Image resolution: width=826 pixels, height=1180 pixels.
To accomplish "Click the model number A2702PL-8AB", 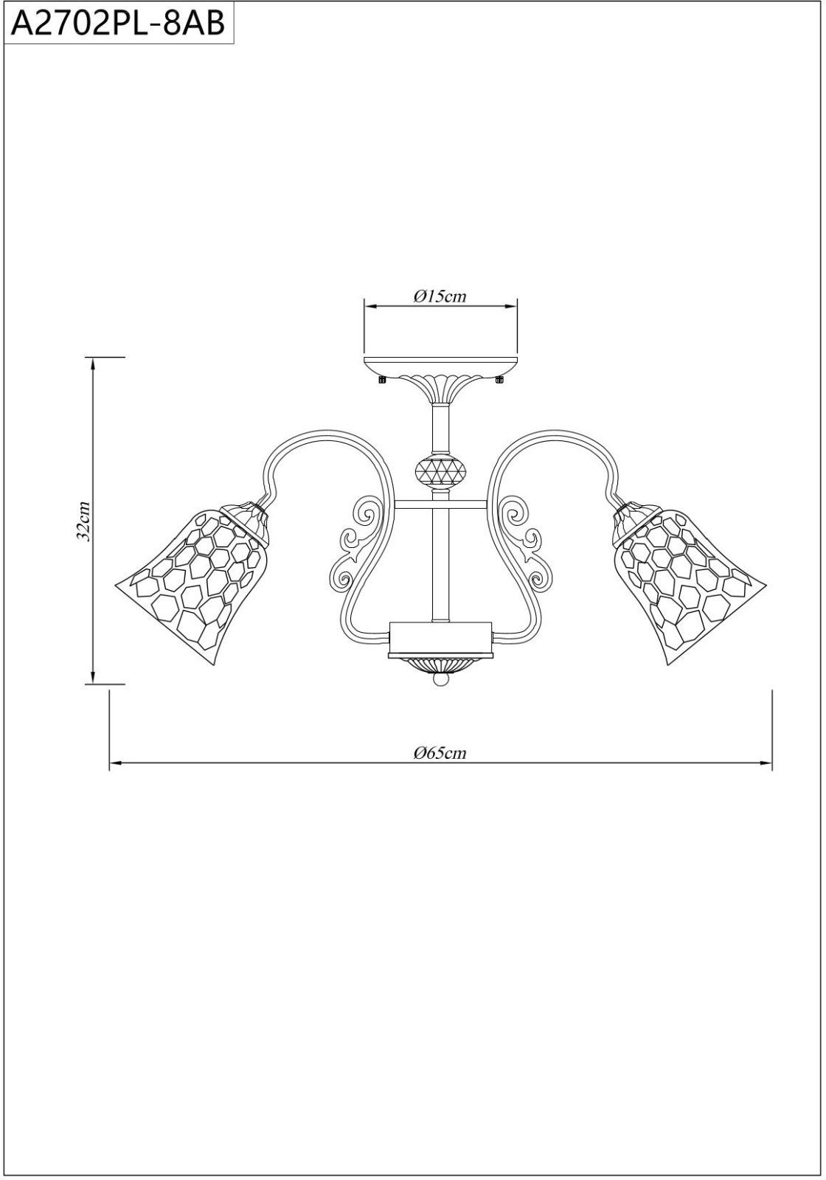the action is tap(118, 24).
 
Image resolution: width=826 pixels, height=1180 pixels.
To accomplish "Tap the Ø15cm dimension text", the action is tap(440, 296).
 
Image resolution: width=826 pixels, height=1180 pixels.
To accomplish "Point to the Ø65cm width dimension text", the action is tap(440, 753).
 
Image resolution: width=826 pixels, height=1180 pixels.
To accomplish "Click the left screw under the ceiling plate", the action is tap(383, 379).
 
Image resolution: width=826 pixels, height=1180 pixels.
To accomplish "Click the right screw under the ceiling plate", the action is tap(499, 379).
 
